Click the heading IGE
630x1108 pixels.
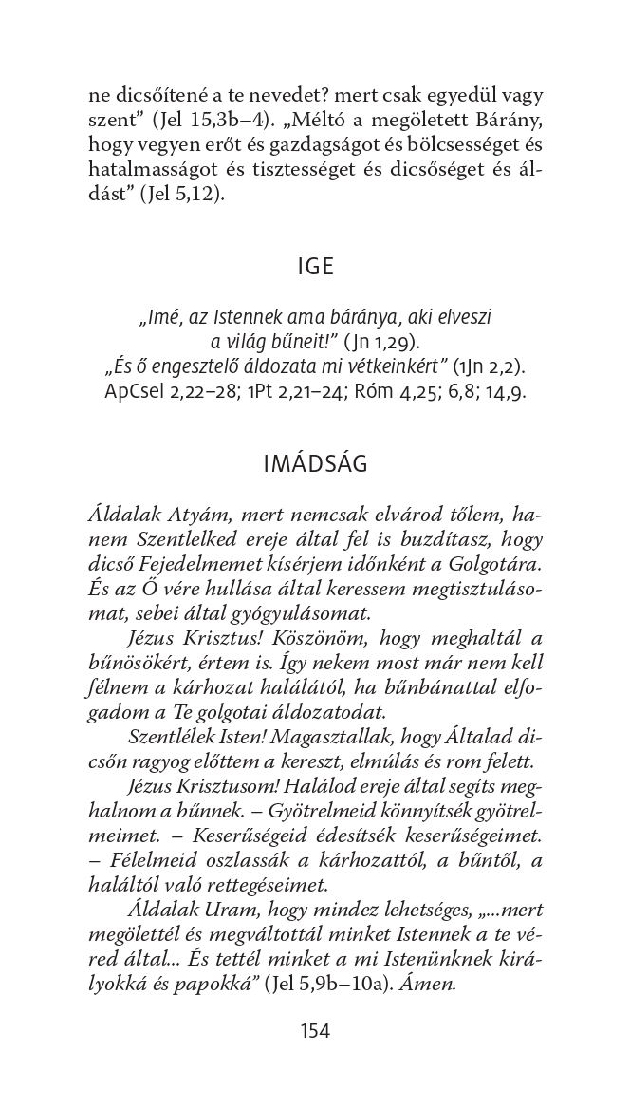click(315, 267)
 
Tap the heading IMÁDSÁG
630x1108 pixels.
click(315, 464)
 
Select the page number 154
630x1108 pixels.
click(315, 1030)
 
